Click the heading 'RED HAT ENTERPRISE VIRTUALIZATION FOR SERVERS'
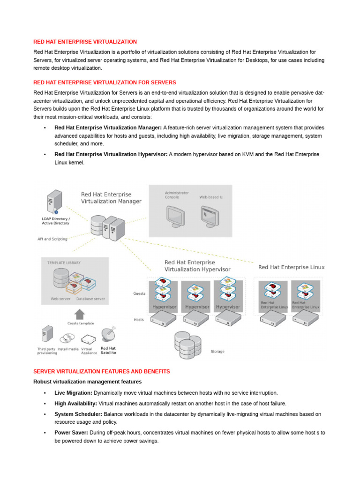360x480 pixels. tap(105, 82)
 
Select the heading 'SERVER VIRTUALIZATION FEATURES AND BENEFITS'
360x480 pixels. tap(101, 371)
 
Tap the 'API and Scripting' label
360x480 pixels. tap(52, 239)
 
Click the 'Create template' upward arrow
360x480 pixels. tap(80, 314)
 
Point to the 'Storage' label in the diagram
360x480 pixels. tap(217, 351)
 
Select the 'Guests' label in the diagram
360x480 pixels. tap(139, 294)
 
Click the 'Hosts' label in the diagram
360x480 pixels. tap(139, 319)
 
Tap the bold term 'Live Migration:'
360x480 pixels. tap(74, 393)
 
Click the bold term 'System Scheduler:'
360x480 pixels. tap(78, 414)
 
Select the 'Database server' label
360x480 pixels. tap(90, 299)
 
